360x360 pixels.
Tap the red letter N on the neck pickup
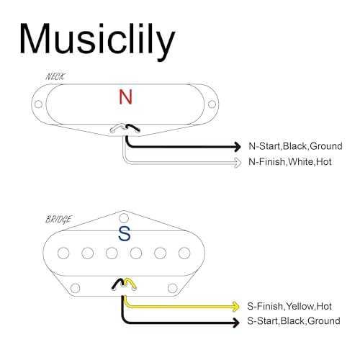(125, 96)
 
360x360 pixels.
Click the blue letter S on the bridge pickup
(125, 233)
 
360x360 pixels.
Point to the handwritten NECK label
(55, 76)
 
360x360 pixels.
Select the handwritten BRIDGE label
(58, 220)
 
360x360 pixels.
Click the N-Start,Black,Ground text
(295, 146)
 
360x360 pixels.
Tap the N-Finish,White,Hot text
(290, 162)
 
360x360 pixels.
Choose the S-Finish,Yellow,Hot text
(289, 306)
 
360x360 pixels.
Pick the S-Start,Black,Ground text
(294, 321)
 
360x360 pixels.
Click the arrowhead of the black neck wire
(238, 146)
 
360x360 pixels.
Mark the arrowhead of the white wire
(238, 163)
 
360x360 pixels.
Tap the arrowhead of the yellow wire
(236, 307)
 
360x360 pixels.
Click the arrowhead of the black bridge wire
(236, 322)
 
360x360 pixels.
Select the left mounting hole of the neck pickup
(38, 104)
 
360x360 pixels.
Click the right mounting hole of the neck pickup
(212, 104)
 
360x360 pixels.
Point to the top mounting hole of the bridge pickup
(124, 218)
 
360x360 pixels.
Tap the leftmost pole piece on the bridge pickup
(63, 253)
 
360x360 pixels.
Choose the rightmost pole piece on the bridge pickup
(184, 253)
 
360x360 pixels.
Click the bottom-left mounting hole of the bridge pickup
(76, 288)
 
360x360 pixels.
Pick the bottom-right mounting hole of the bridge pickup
(172, 288)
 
